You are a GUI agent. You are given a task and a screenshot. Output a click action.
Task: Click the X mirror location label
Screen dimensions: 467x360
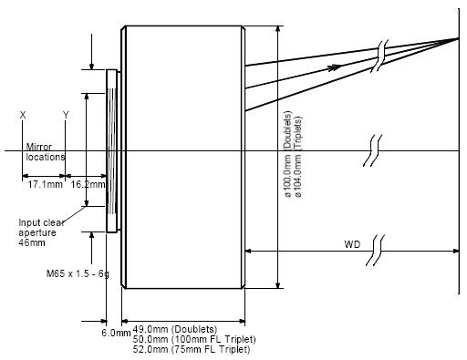23,115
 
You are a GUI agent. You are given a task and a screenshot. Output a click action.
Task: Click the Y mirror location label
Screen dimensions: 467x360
66,115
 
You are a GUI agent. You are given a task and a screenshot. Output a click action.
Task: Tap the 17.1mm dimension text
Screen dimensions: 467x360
46,184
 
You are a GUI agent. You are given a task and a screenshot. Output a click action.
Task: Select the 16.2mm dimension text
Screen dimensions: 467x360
88,184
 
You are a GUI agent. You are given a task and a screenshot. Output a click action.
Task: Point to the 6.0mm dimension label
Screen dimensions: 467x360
116,333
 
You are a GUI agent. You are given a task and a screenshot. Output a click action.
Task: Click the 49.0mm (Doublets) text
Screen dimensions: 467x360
175,329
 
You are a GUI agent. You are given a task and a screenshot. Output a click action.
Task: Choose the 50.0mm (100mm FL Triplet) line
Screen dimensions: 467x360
194,339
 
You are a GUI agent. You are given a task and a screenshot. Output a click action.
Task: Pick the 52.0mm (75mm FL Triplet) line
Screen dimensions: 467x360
192,349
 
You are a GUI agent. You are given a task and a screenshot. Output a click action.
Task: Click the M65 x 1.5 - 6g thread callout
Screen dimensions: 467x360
78,273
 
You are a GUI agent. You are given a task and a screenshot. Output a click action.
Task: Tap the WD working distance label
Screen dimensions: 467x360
352,244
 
